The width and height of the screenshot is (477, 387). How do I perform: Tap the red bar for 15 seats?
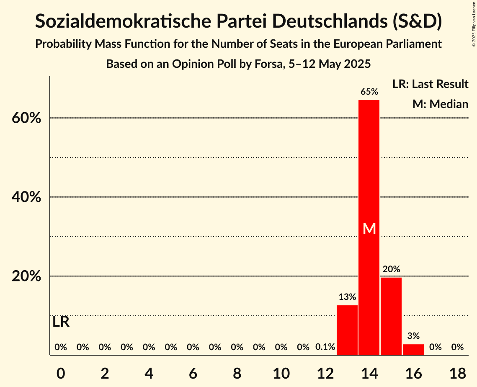click(391, 316)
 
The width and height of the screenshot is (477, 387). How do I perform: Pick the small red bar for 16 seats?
click(413, 349)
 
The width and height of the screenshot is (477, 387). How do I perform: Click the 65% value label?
click(369, 91)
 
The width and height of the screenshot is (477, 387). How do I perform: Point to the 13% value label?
click(347, 297)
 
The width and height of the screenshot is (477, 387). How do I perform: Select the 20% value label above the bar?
click(391, 269)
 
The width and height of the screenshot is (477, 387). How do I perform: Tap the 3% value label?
click(413, 335)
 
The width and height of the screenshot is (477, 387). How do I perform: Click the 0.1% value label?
click(325, 347)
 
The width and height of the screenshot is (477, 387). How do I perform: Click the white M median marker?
click(369, 229)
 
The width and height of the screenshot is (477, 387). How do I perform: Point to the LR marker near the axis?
click(61, 322)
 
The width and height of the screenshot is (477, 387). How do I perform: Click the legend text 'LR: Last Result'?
click(430, 84)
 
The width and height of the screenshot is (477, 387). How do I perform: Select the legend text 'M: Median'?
click(440, 104)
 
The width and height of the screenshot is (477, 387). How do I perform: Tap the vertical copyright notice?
click(474, 26)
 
